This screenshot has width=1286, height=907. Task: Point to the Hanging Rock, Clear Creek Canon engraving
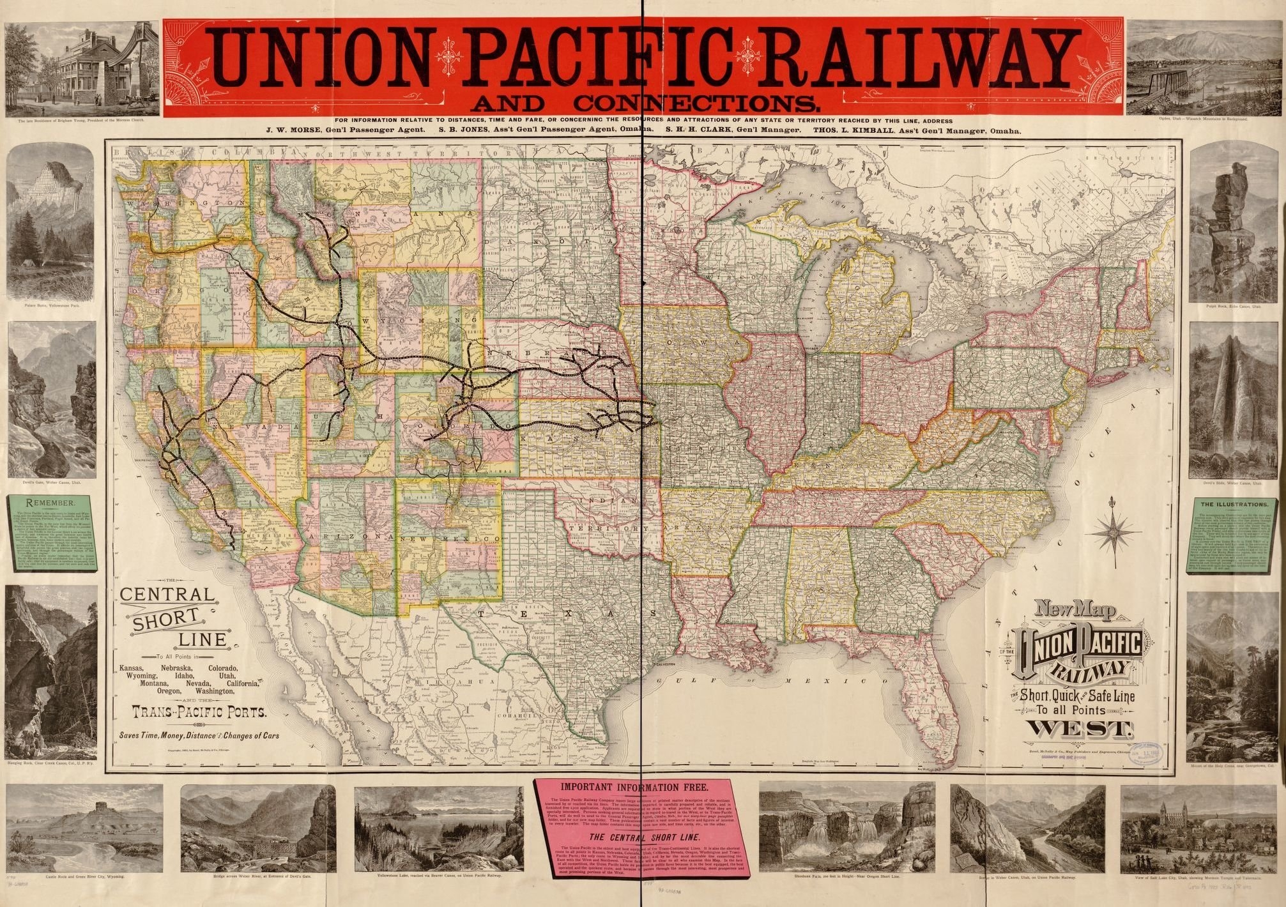pyautogui.click(x=50, y=671)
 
